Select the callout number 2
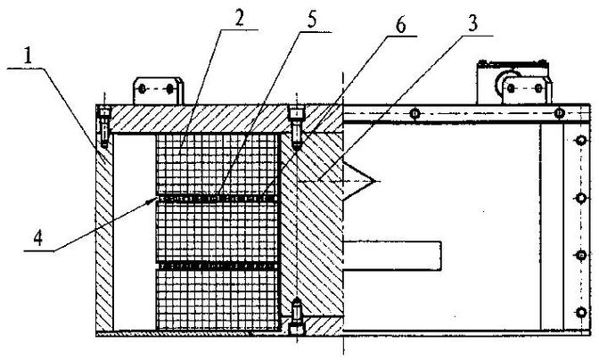coord(239,17)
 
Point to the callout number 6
coord(400,25)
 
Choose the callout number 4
coord(37,238)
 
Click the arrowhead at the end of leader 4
coord(154,200)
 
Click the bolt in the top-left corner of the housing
coord(104,127)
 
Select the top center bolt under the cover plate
coord(297,129)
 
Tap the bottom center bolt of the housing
coord(297,317)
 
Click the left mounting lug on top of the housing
coord(158,91)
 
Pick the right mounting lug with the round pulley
coord(513,82)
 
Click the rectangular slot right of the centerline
coord(392,256)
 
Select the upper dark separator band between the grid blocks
coord(217,199)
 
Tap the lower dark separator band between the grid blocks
coord(217,266)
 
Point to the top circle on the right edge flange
coord(581,140)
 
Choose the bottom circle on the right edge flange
coord(581,313)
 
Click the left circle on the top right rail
coord(414,113)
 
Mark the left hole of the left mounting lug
coord(142,89)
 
